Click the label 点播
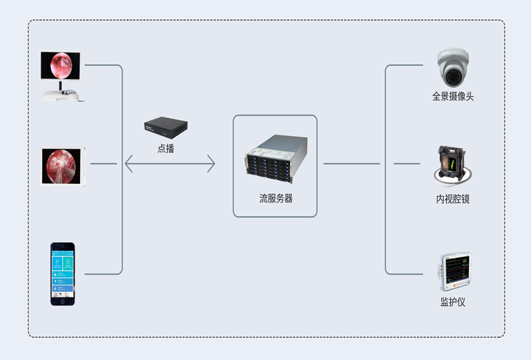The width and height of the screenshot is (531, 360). point(166,149)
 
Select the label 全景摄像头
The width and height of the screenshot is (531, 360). point(453,97)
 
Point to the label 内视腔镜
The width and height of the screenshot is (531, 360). point(453,199)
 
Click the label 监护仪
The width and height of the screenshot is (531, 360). point(453,302)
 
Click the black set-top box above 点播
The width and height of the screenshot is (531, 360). point(166,127)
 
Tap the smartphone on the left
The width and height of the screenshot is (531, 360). point(63,273)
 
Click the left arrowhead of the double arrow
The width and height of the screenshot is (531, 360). point(127,163)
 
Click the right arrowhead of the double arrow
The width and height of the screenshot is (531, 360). point(212,163)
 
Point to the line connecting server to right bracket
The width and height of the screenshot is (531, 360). point(351,163)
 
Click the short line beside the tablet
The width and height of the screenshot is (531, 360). point(103,163)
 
